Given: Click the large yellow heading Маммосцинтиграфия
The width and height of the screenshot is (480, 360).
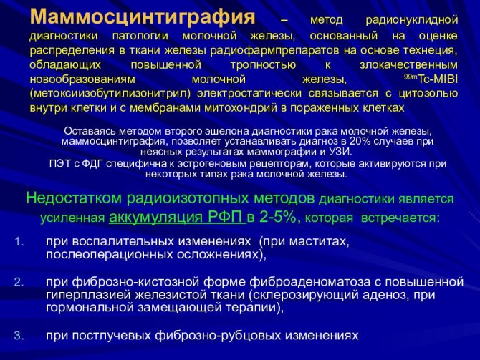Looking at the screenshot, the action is pos(143,17).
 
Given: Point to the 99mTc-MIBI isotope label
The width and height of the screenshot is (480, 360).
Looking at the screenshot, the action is pos(431,79).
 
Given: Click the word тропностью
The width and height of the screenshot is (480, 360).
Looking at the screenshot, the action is pos(263,65).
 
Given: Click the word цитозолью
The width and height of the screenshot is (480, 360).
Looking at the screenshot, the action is pos(428,94).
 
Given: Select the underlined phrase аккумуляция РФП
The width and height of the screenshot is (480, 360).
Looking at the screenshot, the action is pos(177,217).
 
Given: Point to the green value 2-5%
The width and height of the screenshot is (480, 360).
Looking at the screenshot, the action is pos(278,218).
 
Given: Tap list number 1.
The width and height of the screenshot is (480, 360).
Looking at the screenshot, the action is pos(19,242).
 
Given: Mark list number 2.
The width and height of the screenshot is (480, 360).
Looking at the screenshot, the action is pos(19,282).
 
